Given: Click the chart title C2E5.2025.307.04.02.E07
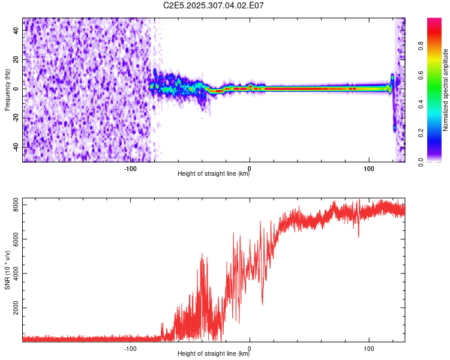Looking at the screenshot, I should pos(214,5).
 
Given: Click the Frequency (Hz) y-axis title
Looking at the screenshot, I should pos(7,89).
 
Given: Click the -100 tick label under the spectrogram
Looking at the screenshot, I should pos(130,167).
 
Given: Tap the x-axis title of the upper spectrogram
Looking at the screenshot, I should pos(214,174).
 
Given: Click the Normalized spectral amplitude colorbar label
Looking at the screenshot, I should pos(446,90).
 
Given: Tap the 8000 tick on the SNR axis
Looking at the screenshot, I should pos(13,205).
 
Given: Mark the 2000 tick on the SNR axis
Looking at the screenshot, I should pos(13,308).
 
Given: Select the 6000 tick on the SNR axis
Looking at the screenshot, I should pos(13,239).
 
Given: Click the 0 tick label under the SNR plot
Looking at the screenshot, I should pos(250,347).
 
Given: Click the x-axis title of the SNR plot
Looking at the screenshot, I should pos(214,354).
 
